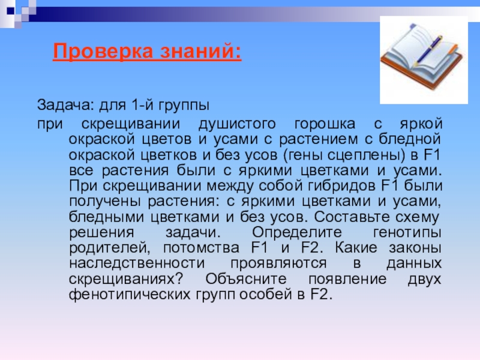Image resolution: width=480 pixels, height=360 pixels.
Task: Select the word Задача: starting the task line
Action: (x=62, y=106)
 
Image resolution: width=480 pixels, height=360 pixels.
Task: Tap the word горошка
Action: (x=323, y=124)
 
